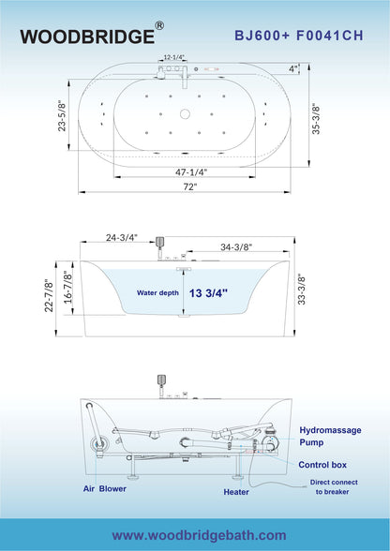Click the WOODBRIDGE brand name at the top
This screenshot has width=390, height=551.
click(x=87, y=37)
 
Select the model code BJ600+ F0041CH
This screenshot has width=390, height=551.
click(x=298, y=36)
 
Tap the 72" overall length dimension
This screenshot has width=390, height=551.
click(x=188, y=187)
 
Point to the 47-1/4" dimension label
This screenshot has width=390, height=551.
click(x=191, y=172)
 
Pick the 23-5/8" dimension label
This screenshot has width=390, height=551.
click(x=62, y=116)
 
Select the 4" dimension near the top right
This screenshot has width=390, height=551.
click(x=292, y=69)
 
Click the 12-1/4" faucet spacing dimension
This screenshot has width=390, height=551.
click(x=173, y=57)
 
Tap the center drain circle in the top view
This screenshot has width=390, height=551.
click(x=185, y=113)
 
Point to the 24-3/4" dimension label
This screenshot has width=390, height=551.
click(x=122, y=238)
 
